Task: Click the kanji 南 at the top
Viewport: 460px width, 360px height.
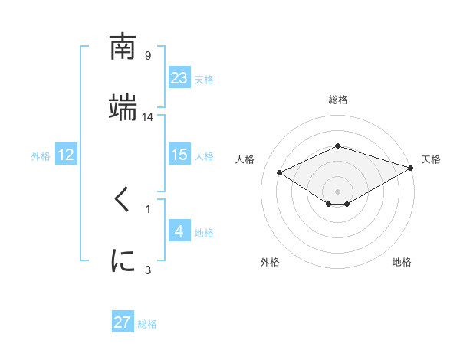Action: coord(123,47)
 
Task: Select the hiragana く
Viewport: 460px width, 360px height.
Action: coord(123,201)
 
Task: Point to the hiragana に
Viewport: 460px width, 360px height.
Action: coord(123,260)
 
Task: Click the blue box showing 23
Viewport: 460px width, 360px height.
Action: coord(179,77)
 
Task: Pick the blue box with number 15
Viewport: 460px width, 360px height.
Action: coord(179,155)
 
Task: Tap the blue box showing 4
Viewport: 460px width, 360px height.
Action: coord(179,231)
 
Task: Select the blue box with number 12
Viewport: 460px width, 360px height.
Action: coord(66,155)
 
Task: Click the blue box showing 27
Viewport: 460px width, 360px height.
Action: coord(123,322)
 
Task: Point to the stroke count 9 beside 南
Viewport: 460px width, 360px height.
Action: coord(148,55)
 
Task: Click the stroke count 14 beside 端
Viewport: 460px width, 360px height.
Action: coord(148,116)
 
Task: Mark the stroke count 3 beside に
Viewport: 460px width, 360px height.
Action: coord(148,269)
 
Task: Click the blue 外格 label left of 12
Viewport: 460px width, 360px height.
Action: coord(41,156)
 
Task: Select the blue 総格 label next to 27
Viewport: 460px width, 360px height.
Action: coord(147,324)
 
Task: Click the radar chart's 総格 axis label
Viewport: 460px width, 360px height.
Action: coord(337,100)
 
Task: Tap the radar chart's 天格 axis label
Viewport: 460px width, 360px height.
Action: coord(431,159)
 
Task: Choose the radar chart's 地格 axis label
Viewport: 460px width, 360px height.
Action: coord(402,262)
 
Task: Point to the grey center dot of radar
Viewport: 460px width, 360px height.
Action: coord(337,191)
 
